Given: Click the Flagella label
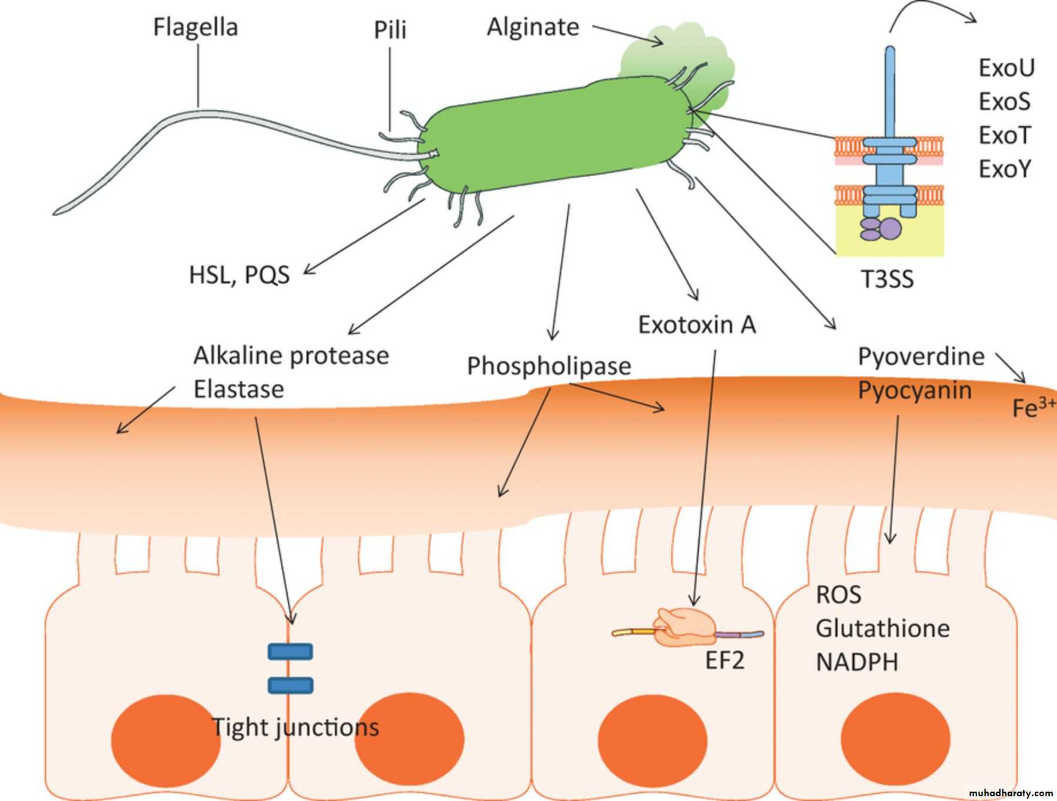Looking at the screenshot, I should [195, 27].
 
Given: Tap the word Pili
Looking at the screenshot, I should [390, 29].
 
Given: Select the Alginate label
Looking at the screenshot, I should [533, 27].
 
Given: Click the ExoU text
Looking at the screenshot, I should [1006, 68].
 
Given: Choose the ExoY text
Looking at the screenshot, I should [1005, 169].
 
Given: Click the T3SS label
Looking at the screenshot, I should [887, 279].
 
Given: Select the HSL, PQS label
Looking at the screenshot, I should [239, 275].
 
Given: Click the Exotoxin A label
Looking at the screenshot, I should [696, 325].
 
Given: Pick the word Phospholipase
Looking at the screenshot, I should [548, 366].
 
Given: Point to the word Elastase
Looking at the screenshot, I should [238, 389].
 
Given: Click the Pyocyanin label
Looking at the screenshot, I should [914, 391].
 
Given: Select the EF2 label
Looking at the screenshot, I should [724, 661].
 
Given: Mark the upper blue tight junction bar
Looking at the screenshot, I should [290, 651].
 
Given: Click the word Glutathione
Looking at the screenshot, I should [883, 628].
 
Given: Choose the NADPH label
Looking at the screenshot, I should [857, 662].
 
